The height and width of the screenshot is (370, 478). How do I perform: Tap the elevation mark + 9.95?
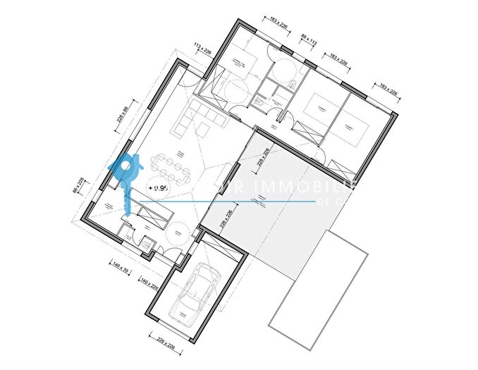158,188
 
